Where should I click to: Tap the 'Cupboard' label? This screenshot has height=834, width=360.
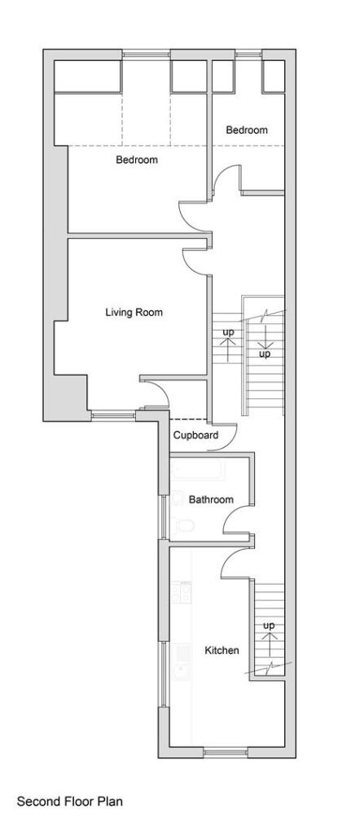click(x=195, y=436)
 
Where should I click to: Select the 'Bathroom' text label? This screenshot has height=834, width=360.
click(x=211, y=499)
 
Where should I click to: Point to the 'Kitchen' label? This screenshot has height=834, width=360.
click(x=222, y=650)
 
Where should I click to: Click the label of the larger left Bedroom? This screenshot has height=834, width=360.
click(x=136, y=160)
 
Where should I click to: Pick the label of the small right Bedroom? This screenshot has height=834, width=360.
click(x=246, y=130)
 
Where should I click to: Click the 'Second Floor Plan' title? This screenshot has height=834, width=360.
click(x=70, y=801)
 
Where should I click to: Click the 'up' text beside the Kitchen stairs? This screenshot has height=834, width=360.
click(x=269, y=625)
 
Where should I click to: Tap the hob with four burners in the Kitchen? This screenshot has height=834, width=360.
click(x=180, y=592)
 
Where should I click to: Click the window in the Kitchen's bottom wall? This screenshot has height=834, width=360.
click(x=226, y=751)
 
